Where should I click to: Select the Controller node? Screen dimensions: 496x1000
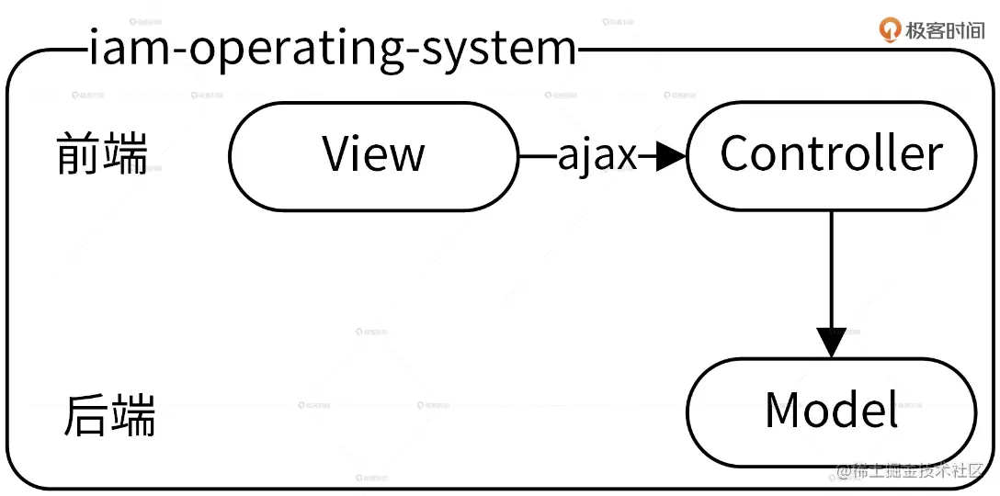(831, 154)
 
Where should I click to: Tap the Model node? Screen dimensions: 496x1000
(831, 411)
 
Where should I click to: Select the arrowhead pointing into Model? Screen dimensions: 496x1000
(832, 342)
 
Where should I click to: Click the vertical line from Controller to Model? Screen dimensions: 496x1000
(832, 266)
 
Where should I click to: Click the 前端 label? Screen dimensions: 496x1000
(101, 154)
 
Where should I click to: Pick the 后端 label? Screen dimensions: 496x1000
(109, 416)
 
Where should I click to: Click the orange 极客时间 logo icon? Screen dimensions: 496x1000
(890, 29)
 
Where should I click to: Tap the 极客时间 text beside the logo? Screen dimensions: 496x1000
(945, 29)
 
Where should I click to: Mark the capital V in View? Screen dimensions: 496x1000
(338, 154)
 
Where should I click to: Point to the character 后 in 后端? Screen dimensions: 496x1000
(86, 416)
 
